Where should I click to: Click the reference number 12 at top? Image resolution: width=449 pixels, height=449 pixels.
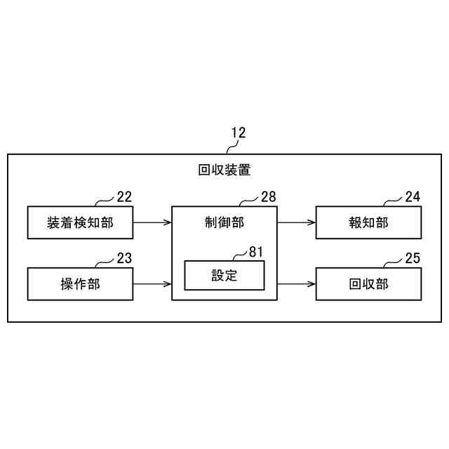pos(238,133)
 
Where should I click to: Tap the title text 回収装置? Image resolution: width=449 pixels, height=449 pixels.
pos(224,170)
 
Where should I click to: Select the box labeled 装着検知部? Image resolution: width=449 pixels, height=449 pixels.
pos(80,222)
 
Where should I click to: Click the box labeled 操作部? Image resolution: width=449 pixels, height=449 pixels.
pos(80,284)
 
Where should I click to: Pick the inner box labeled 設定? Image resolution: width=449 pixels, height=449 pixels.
pos(224,275)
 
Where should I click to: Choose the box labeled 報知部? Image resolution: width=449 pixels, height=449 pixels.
pos(368,222)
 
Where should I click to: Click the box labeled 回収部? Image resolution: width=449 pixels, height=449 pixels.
pos(368,284)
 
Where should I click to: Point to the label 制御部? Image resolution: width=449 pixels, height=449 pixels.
pos(224,222)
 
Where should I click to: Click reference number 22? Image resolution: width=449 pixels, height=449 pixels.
pos(124,197)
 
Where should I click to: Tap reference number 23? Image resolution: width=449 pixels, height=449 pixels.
pos(124,258)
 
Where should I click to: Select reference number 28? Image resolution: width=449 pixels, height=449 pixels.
pos(268,197)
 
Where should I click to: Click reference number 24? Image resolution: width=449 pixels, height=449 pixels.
pos(413,197)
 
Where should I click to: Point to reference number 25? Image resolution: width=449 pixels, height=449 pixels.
pos(413,258)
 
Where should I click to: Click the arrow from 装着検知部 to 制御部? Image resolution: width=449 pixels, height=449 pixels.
pos(152,222)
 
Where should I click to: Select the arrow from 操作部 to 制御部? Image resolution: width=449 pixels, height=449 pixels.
pos(152,284)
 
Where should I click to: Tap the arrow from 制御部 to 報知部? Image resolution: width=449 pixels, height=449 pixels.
pos(296,222)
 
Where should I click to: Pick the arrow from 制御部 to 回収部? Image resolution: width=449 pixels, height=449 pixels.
pos(296,284)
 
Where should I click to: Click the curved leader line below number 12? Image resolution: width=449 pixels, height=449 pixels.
pos(230,147)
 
